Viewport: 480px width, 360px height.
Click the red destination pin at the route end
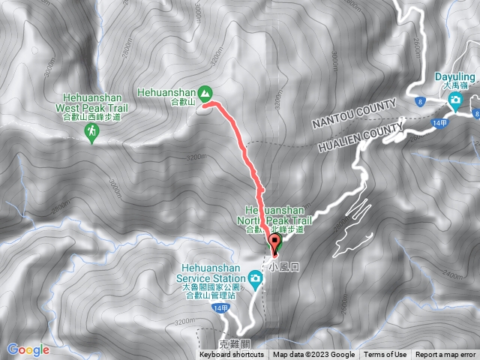tap(274, 242)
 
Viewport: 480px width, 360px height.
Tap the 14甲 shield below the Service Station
tap(219, 308)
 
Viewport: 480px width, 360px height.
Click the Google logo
tap(28, 349)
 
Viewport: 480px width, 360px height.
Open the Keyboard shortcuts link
tap(232, 355)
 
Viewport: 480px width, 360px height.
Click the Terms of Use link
tap(385, 355)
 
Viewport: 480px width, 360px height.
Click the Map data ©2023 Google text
tap(314, 355)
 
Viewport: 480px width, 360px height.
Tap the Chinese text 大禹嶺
tap(455, 85)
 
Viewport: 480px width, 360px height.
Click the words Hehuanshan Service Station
tap(213, 271)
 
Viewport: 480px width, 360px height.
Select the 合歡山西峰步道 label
tap(93, 116)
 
